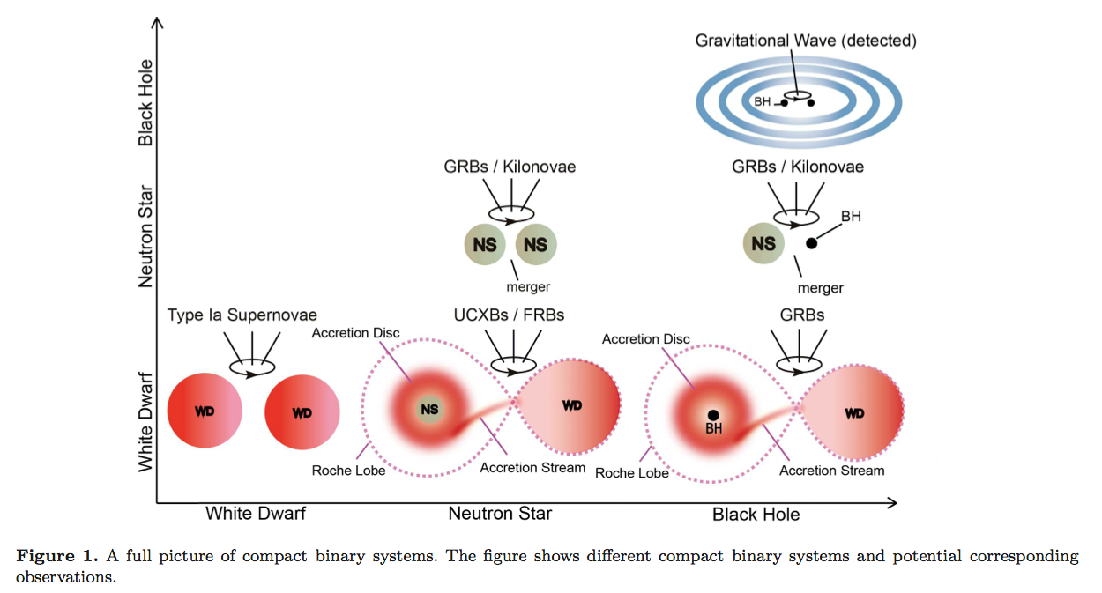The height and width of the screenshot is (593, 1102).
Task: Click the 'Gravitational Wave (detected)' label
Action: tap(805, 41)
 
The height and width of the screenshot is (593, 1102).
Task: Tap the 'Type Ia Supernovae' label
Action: tap(242, 315)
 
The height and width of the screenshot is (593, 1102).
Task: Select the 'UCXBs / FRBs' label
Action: tap(509, 315)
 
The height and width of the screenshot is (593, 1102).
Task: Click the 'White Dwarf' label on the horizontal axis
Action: tap(256, 513)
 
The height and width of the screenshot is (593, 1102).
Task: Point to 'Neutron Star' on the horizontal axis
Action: tap(500, 513)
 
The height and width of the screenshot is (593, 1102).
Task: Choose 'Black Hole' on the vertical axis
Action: tap(145, 102)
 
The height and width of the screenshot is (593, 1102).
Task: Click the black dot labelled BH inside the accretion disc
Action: tap(712, 414)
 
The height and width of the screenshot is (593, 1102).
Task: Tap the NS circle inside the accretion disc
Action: tap(429, 409)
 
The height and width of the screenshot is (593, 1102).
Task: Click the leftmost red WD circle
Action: tap(205, 411)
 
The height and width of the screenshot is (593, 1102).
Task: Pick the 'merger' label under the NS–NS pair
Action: tap(527, 287)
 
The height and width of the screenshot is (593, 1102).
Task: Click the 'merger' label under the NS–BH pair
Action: tap(820, 288)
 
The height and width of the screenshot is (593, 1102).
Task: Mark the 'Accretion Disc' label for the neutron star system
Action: tap(355, 333)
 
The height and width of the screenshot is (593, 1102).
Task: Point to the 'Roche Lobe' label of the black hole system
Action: tap(632, 473)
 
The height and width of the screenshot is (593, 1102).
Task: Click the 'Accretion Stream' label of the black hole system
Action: tap(831, 471)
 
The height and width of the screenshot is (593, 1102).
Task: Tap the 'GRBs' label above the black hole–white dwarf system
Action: tap(802, 315)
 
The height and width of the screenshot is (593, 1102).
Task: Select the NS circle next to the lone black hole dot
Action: tap(763, 243)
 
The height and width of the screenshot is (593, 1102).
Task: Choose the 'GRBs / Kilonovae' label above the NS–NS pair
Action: tap(510, 167)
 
